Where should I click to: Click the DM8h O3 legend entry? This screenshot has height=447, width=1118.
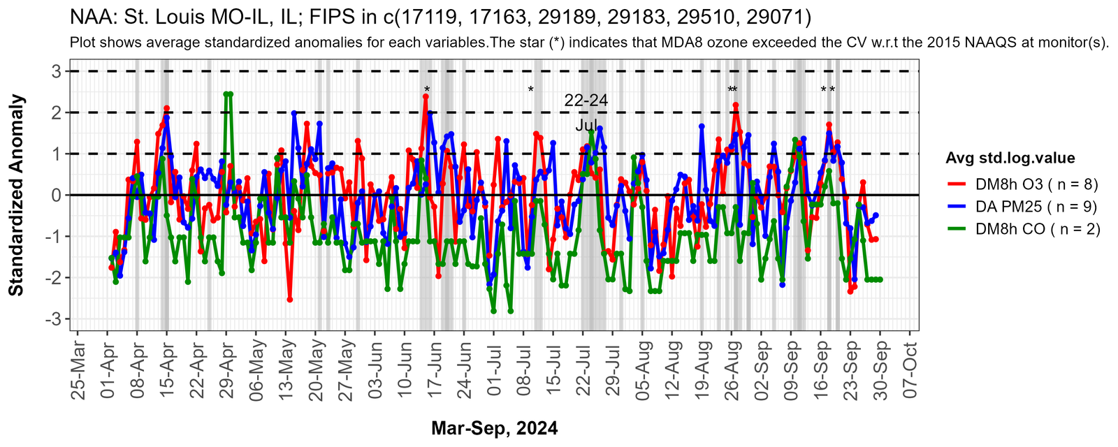point(1037,184)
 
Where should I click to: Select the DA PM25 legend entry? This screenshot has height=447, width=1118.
point(1036,207)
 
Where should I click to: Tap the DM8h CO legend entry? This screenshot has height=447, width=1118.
point(1038,229)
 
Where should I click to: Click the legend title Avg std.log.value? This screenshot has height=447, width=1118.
point(1010,158)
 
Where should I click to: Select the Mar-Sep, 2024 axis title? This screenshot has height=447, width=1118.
point(495,428)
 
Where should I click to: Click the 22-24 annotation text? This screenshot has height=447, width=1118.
point(586,101)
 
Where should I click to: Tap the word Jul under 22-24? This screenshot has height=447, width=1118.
point(586,126)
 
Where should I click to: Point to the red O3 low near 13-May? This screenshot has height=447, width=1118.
point(289,300)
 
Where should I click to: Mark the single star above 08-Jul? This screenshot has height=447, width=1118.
point(531,89)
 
